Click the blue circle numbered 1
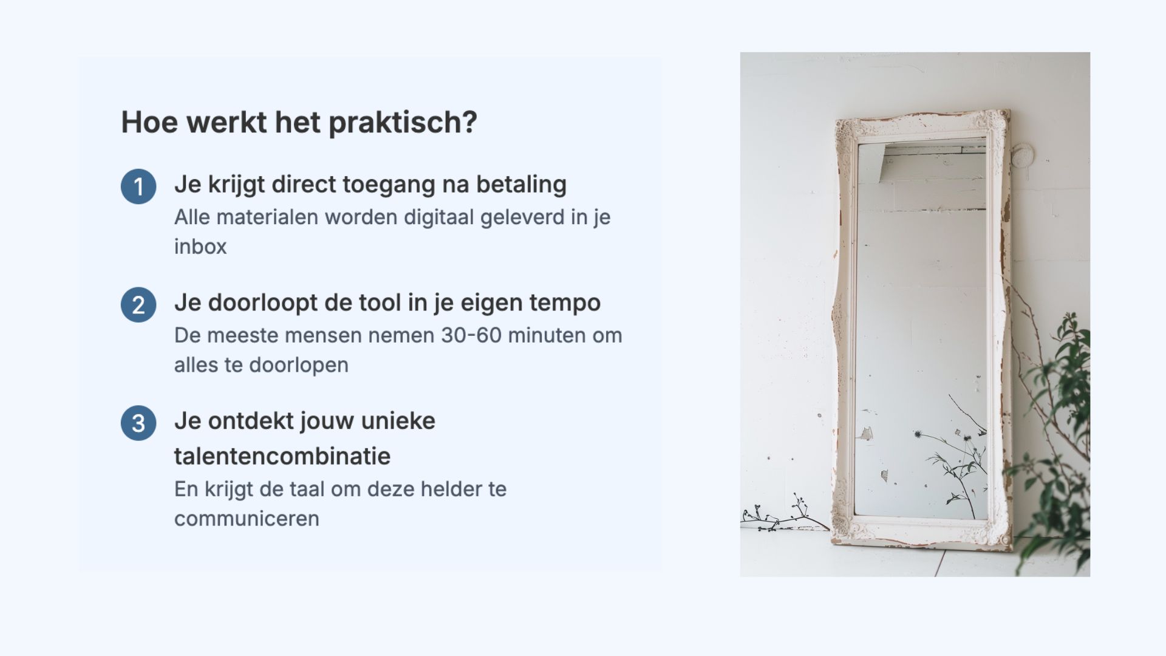pos(138,186)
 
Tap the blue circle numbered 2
pos(138,305)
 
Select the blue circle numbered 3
pos(138,423)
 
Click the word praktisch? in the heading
pos(403,123)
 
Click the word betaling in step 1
pos(521,184)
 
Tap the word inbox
pos(200,247)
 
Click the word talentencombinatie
pos(282,456)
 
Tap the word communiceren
pos(247,519)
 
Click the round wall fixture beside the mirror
pos(1021,155)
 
